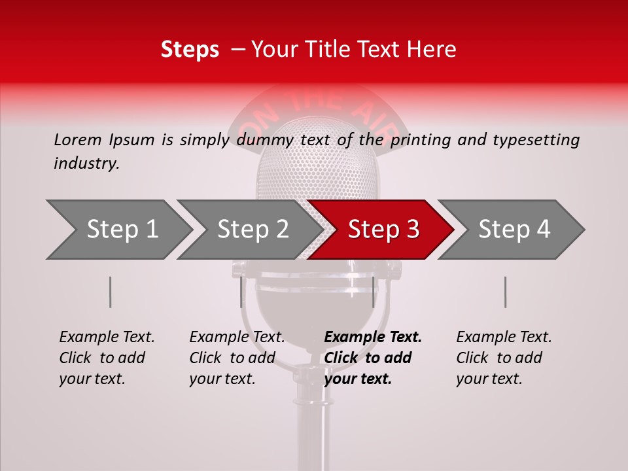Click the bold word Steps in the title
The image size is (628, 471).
point(190,49)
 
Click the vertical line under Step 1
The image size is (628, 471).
point(110,292)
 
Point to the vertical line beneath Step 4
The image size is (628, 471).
point(505,292)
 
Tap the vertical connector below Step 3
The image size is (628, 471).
point(373,292)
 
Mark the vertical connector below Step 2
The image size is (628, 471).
point(241,292)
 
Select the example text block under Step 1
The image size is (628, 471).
point(107,358)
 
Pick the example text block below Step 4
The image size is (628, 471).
point(504,358)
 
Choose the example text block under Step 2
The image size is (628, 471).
point(237,358)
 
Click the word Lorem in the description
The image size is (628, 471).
point(78,139)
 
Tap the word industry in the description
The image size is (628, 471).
point(86,164)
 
